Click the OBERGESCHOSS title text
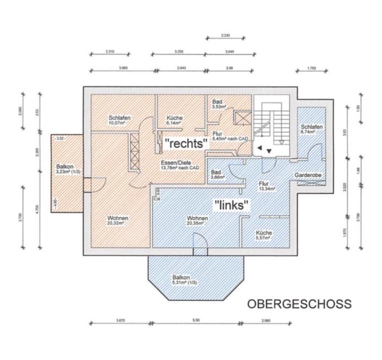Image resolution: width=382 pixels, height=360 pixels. [298, 304]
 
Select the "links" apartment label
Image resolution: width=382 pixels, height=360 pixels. [232, 205]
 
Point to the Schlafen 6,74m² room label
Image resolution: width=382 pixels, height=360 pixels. [312, 129]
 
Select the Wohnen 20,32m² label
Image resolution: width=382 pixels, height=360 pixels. [118, 221]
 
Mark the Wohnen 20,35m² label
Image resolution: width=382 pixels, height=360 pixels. [197, 221]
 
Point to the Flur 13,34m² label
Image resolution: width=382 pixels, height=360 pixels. [266, 186]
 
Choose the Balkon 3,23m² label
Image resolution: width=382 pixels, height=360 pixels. [66, 169]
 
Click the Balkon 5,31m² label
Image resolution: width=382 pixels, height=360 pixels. [184, 280]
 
